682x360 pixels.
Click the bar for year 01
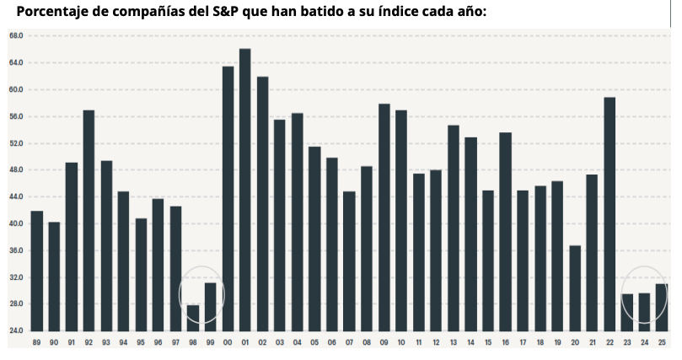coord(244,190)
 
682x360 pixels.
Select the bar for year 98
coord(193,317)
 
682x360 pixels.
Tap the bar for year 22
coord(610,214)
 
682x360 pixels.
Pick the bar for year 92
coord(89,220)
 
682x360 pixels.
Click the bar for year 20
coord(575,287)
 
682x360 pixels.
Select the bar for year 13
coord(454,228)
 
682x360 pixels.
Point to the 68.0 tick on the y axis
coord(16,36)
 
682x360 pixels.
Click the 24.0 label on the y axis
coord(16,330)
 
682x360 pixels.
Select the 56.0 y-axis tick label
coord(16,116)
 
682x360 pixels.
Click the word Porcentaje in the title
coord(51,12)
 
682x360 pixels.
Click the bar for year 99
coord(210,306)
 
